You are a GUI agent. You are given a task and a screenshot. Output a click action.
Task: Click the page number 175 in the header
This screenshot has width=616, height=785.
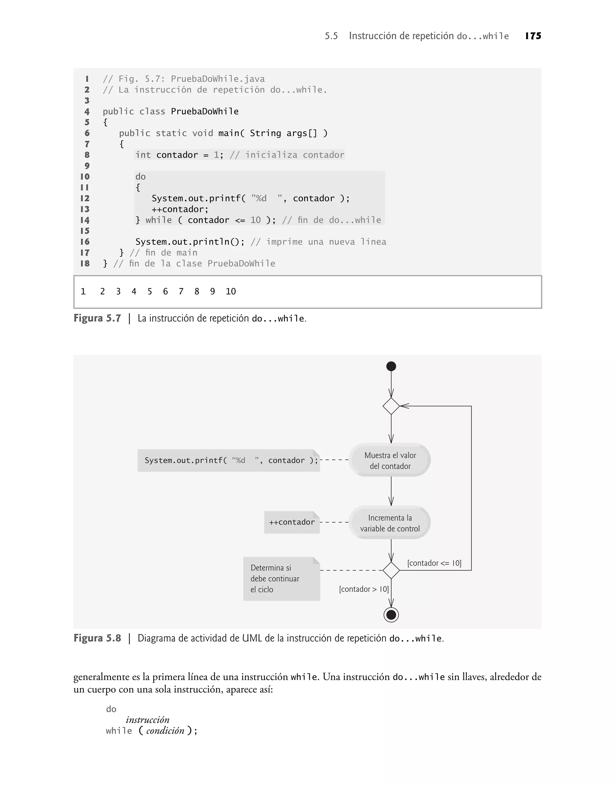pyautogui.click(x=533, y=36)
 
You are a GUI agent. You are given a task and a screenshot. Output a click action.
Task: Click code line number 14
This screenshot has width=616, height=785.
pyautogui.click(x=85, y=220)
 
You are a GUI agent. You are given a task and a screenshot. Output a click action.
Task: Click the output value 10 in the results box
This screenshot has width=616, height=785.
pyautogui.click(x=230, y=292)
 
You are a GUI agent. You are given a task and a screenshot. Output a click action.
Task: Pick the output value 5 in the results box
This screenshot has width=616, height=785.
pyautogui.click(x=150, y=292)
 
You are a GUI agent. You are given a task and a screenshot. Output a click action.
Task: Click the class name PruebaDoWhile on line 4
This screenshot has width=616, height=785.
pyautogui.click(x=205, y=111)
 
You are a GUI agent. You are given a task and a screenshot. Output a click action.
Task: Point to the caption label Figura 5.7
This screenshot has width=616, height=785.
pyautogui.click(x=97, y=318)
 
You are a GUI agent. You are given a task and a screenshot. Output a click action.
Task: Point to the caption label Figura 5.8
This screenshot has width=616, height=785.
pyautogui.click(x=97, y=638)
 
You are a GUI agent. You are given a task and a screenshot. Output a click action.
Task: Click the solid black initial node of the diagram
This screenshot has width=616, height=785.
pyautogui.click(x=391, y=366)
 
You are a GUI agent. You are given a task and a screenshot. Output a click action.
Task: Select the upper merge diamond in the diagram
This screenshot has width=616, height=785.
pyautogui.click(x=391, y=406)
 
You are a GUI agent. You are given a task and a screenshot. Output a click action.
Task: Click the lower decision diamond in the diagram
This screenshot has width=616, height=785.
pyautogui.click(x=391, y=570)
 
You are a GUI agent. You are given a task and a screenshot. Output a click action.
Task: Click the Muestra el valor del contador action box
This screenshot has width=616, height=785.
pyautogui.click(x=390, y=460)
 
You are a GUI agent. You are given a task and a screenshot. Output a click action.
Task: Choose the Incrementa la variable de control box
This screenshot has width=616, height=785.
pyautogui.click(x=390, y=523)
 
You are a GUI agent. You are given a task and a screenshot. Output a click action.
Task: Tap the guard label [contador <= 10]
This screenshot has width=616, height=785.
pyautogui.click(x=434, y=563)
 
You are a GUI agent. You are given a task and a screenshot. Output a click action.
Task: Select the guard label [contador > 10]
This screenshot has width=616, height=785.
pyautogui.click(x=364, y=589)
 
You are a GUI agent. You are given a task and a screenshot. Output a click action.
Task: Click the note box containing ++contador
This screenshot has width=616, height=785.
pyautogui.click(x=292, y=522)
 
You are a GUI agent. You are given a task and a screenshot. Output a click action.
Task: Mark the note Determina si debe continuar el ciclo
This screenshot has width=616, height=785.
pyautogui.click(x=281, y=578)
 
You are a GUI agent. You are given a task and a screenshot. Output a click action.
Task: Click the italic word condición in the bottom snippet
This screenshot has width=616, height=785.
pyautogui.click(x=165, y=731)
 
